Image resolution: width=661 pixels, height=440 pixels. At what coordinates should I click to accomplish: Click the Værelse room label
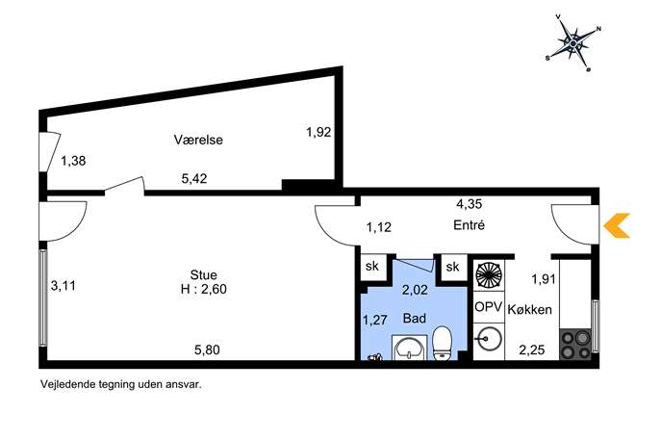[198, 140]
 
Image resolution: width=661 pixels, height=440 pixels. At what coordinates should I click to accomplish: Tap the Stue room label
[204, 275]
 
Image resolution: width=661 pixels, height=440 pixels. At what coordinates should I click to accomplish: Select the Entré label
[469, 225]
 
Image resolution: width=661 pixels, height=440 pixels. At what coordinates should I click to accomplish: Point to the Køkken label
[529, 310]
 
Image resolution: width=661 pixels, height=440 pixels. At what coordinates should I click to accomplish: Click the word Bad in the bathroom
[415, 318]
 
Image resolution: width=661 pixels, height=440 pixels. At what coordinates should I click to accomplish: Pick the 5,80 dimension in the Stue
[207, 349]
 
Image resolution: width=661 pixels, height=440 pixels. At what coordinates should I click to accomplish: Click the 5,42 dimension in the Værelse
[194, 179]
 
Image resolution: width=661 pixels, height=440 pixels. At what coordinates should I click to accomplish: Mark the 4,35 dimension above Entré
[469, 204]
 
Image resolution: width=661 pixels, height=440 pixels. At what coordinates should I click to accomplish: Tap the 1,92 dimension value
[318, 133]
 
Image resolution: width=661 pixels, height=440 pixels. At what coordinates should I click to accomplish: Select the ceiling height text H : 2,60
[204, 290]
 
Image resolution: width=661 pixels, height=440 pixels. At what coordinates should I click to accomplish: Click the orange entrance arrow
[617, 225]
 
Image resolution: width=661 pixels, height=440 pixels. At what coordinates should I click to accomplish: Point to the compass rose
[573, 43]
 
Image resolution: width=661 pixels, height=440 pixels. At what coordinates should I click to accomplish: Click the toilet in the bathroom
[443, 343]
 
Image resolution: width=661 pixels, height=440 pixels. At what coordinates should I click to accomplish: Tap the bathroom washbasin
[409, 348]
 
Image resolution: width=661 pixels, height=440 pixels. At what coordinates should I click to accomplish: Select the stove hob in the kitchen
[575, 345]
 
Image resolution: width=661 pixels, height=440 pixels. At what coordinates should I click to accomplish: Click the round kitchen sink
[489, 338]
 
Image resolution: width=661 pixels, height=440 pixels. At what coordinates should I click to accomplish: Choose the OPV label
[488, 307]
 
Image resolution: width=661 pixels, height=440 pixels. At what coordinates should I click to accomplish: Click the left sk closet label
[372, 266]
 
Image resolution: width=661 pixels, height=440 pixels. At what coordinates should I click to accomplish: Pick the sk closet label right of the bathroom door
[452, 267]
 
